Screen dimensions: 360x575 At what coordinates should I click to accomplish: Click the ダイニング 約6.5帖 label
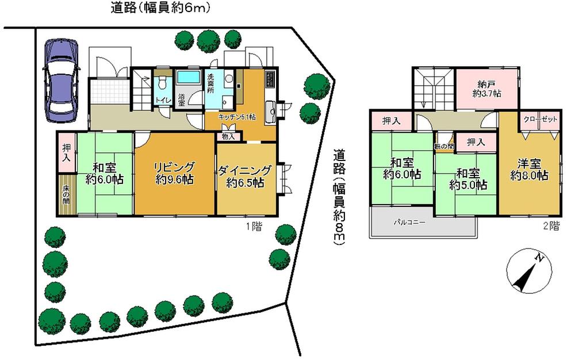pos(244,177)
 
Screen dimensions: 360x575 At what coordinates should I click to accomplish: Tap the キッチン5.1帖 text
pos(237,116)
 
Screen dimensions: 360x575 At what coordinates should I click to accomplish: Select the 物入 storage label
pos(227,137)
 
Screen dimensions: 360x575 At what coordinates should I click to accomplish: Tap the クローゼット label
pos(540,119)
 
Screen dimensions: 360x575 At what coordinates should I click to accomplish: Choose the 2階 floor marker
pos(550,226)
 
